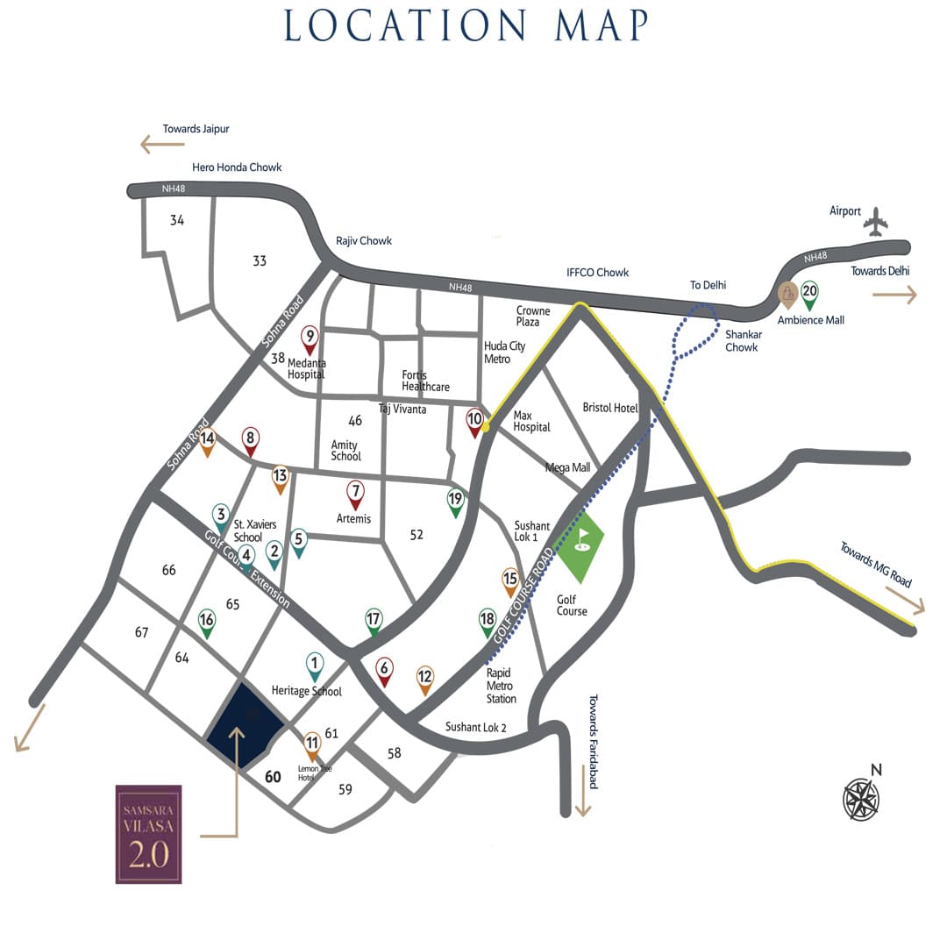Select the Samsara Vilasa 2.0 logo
click(148, 834)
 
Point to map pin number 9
click(310, 338)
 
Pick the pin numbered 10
click(474, 423)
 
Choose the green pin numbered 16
click(207, 623)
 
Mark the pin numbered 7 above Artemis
click(355, 495)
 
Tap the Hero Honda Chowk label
click(237, 167)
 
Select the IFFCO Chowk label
click(598, 272)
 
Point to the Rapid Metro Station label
click(502, 686)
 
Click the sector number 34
click(177, 220)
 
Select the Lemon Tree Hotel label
click(315, 773)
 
